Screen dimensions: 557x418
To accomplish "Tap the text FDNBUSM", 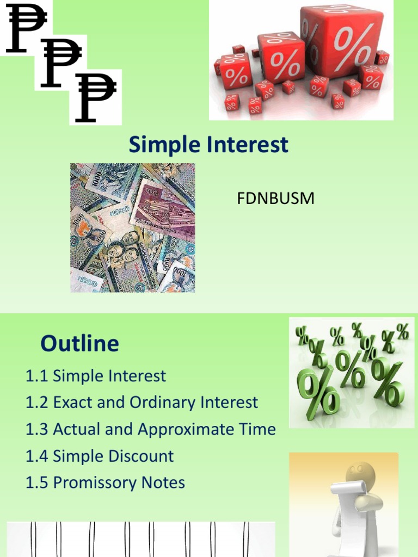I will point(275,199).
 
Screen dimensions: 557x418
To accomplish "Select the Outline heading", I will point(79,343).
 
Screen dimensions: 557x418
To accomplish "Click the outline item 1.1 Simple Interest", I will point(96,376).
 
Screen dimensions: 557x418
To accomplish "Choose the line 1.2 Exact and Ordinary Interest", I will point(142,403).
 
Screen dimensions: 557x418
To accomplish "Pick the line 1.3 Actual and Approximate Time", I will point(151,429).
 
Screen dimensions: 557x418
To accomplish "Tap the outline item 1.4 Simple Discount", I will point(100,456).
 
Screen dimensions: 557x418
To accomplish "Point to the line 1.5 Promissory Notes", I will point(105,482).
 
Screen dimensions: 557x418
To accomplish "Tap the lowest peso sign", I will point(95,97).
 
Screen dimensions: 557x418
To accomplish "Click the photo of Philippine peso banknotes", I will point(132,227).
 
